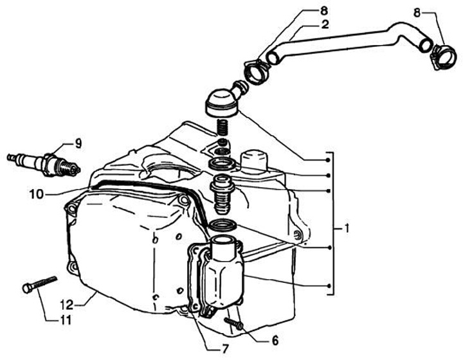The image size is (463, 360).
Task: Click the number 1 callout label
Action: coord(346,228)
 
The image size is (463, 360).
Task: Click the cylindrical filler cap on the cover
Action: coord(253,160)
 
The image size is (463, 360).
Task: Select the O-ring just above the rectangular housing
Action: coord(222,226)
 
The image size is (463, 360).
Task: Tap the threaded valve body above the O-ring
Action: coord(220,197)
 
